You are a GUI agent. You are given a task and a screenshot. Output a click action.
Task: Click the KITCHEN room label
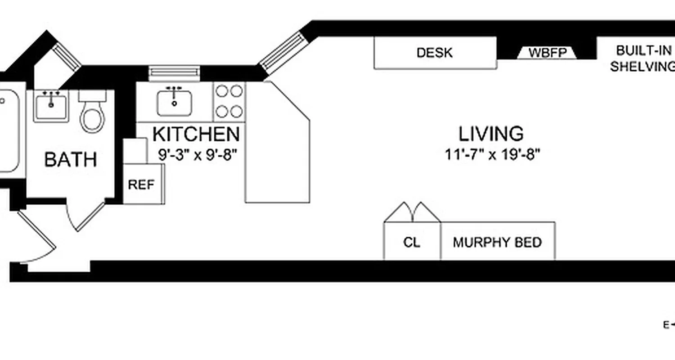196,134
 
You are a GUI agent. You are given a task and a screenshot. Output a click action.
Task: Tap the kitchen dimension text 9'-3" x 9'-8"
197,155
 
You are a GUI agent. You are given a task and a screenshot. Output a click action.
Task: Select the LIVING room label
491,134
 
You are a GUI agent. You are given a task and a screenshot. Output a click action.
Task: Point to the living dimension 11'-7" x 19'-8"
492,155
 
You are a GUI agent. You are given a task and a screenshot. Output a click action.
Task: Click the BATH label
71,160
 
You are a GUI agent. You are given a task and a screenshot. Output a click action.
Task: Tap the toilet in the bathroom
92,112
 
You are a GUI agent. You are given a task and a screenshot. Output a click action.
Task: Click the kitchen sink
175,103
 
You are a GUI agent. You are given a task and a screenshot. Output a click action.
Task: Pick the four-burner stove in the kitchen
229,102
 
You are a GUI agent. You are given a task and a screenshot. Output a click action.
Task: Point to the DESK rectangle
435,53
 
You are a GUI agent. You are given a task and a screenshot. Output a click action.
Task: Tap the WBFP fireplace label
546,53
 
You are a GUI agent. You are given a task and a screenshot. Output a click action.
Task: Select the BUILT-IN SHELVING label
642,58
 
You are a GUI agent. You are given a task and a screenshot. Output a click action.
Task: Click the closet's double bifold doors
412,211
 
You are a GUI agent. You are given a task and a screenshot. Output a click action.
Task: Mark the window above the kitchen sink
174,72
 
